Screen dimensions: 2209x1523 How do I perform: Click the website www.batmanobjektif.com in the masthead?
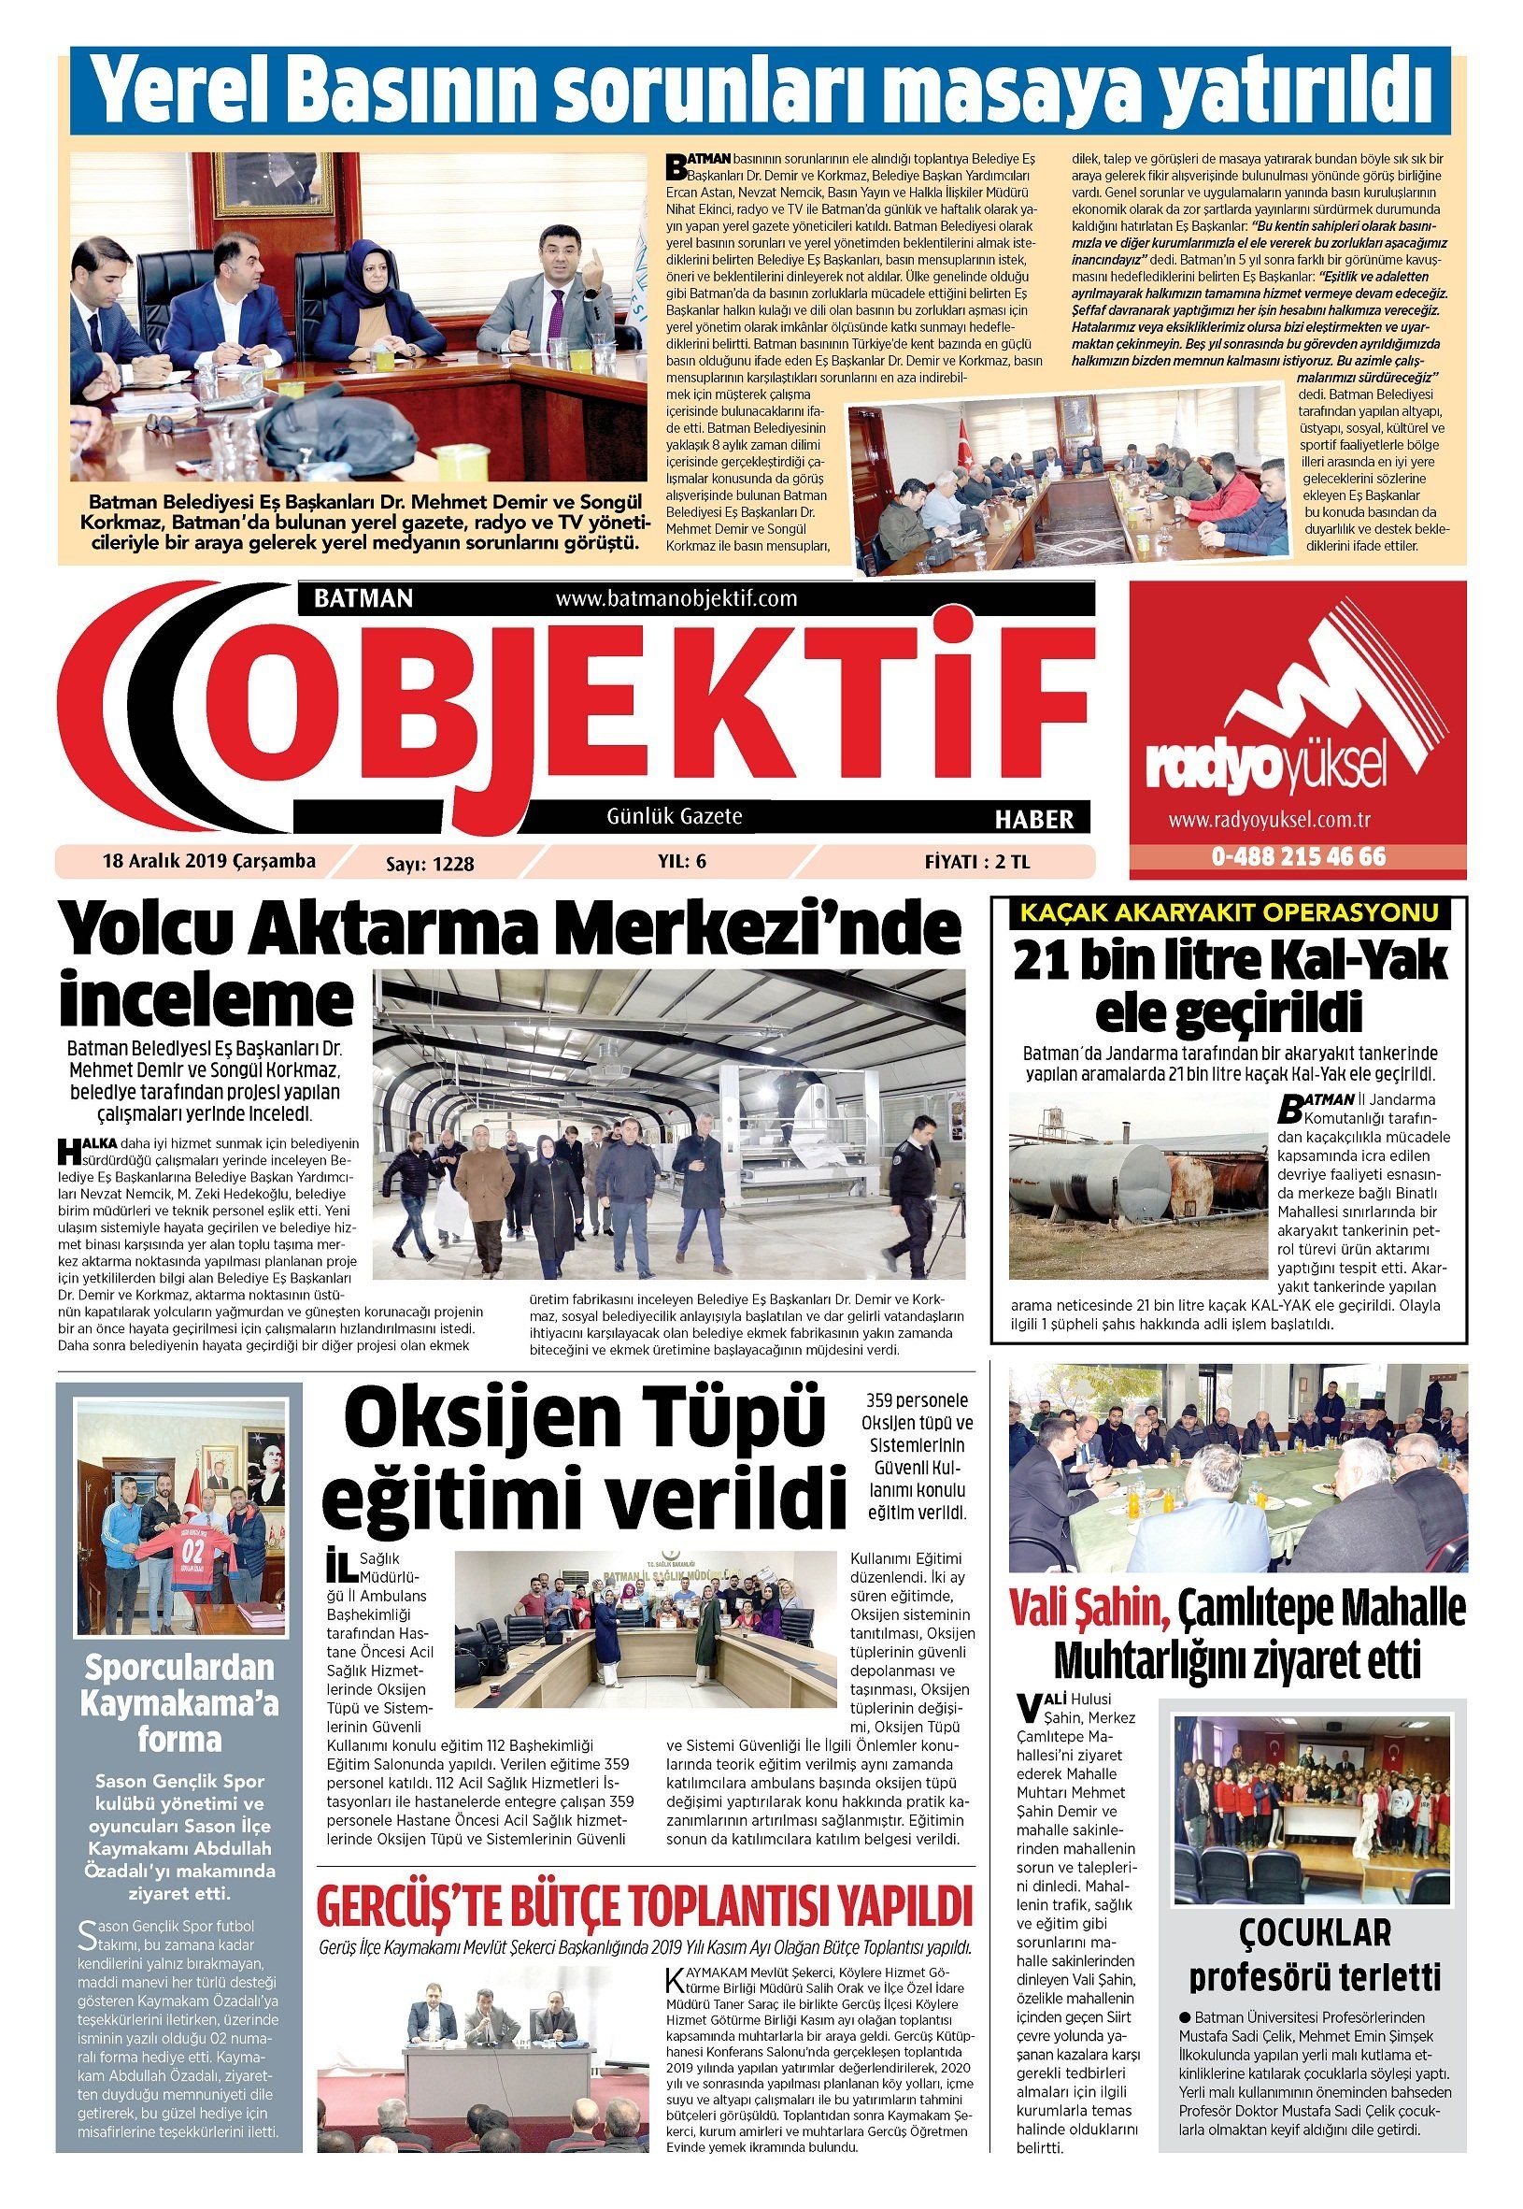tap(675, 598)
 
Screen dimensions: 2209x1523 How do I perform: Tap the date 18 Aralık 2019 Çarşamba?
tap(209, 861)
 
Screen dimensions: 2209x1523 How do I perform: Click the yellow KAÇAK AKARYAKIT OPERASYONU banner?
tap(1229, 913)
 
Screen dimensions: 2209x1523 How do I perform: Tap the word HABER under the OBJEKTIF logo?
tap(1033, 819)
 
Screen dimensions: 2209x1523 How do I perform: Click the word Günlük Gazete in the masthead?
tap(674, 816)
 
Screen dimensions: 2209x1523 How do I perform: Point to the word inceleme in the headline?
tap(206, 1000)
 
